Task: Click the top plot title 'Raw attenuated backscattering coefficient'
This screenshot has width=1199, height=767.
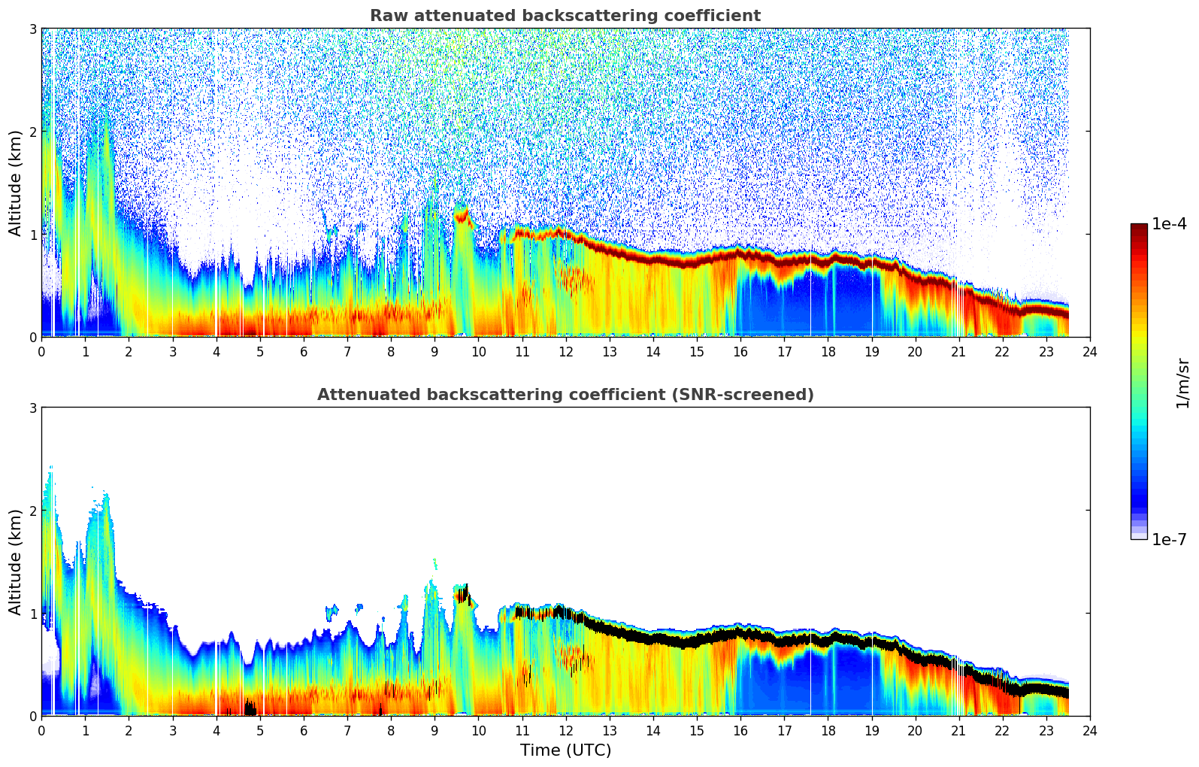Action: (x=565, y=16)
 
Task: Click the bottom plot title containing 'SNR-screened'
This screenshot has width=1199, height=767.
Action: (x=565, y=395)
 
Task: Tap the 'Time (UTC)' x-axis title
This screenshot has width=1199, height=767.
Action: (x=565, y=750)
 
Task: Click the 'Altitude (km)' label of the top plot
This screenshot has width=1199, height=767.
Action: (x=16, y=183)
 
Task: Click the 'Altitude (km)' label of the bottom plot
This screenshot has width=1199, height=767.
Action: (x=16, y=562)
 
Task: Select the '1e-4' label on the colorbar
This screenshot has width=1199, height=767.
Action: (x=1169, y=224)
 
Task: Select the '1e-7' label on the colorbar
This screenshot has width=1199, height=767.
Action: (x=1169, y=539)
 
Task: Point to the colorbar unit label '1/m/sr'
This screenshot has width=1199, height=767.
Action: (x=1182, y=383)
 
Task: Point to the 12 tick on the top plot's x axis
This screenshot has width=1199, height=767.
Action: (x=565, y=351)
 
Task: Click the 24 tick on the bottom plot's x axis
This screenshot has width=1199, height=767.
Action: (x=1089, y=730)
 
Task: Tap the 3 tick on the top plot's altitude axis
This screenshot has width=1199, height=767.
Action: (x=32, y=29)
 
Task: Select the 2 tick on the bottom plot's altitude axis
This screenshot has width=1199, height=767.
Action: (x=32, y=511)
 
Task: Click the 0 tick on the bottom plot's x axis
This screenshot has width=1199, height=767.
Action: (x=41, y=730)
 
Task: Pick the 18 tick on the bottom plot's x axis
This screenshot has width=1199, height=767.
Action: (x=828, y=730)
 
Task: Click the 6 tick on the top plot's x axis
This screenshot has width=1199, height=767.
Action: (x=304, y=351)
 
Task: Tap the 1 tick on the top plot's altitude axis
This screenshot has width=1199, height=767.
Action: (x=32, y=235)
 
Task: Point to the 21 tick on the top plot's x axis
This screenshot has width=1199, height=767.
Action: (x=958, y=351)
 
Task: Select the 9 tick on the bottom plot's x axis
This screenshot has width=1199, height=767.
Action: (x=434, y=730)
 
